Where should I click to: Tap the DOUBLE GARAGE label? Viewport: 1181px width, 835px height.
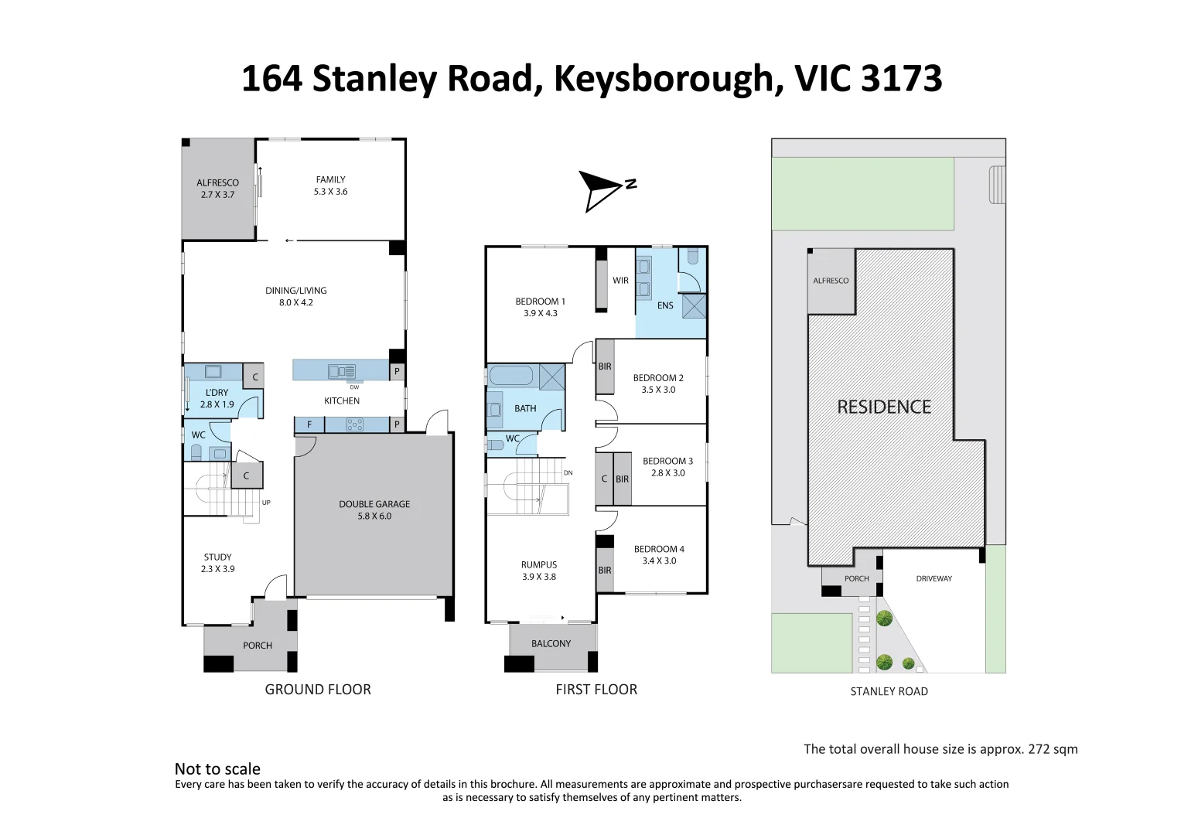tap(374, 504)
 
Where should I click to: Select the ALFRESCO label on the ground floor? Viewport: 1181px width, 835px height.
tap(217, 183)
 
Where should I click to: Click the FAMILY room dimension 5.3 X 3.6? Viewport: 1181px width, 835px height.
tap(330, 192)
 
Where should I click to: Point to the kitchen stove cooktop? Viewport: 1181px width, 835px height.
tap(354, 424)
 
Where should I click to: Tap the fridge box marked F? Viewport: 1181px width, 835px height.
tap(309, 424)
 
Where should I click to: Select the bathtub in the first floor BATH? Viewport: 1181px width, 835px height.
tap(511, 377)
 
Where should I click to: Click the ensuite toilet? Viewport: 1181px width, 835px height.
tap(692, 257)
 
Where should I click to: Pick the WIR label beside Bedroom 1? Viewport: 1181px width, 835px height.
tap(620, 281)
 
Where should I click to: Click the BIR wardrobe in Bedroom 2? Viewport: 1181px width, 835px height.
tap(605, 366)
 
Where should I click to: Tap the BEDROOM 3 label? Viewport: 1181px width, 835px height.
tap(667, 461)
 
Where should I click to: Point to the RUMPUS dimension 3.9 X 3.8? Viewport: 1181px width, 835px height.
tap(539, 577)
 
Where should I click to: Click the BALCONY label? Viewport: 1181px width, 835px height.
tap(551, 643)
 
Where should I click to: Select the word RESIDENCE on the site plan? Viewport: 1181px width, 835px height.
tap(884, 407)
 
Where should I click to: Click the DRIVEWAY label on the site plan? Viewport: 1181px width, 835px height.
tap(934, 578)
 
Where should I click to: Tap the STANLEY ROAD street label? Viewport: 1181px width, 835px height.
tap(889, 691)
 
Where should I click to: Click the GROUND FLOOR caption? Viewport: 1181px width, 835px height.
tap(318, 689)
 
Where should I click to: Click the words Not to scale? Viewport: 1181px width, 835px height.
tap(217, 769)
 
